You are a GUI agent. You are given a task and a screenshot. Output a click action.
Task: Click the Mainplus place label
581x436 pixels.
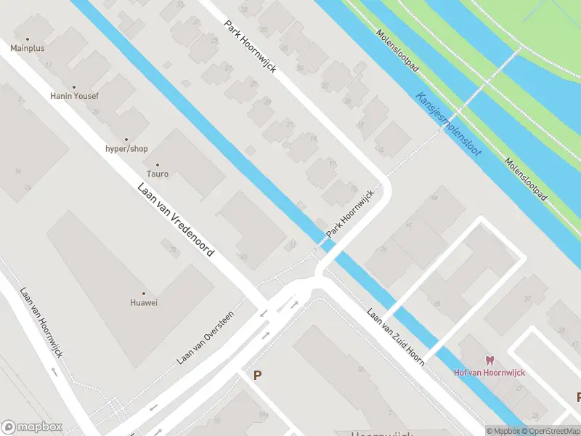(x=28, y=49)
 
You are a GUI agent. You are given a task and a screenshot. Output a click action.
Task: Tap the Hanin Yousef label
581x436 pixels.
(x=73, y=96)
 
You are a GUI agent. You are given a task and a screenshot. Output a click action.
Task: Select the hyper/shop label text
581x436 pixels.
(x=126, y=149)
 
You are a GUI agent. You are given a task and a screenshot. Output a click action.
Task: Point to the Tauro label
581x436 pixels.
(x=158, y=174)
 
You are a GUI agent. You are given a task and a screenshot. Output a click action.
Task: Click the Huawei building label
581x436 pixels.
(x=143, y=302)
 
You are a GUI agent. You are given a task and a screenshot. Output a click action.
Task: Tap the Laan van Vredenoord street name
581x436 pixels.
(x=176, y=219)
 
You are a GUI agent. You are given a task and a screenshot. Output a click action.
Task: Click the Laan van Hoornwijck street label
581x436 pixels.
(x=42, y=329)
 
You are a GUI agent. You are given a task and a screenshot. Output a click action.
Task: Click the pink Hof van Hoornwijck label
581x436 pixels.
(x=489, y=373)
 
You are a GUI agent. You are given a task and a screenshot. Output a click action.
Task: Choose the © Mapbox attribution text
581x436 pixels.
(x=503, y=431)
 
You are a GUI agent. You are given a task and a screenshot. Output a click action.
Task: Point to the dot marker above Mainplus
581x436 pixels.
(x=28, y=39)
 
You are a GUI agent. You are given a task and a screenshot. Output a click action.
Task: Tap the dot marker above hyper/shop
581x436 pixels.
(x=126, y=139)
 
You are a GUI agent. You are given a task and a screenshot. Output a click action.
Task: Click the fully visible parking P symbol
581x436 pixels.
(x=256, y=375)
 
